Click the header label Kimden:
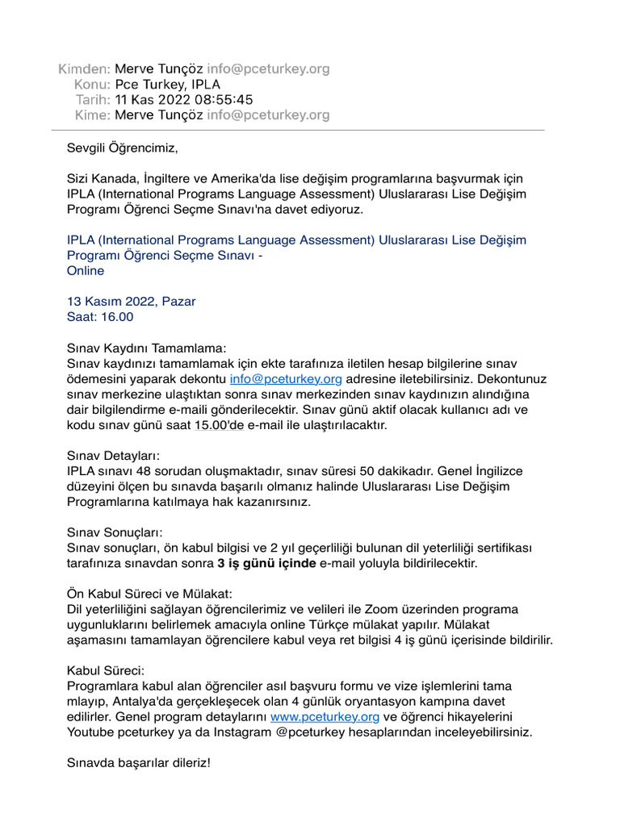coord(84,69)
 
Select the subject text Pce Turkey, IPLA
coord(167,85)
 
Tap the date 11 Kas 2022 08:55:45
coord(184,100)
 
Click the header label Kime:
coord(91,115)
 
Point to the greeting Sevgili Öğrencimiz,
coord(121,148)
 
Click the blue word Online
coord(86,271)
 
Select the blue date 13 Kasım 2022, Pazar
coord(131,302)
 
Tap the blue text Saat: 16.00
coord(100,317)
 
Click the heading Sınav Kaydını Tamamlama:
coord(147,348)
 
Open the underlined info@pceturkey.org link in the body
coord(286,378)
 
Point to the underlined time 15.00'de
coord(219,424)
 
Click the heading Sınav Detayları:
coord(114,456)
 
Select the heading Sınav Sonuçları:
coord(115,532)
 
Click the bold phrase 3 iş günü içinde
coord(266,563)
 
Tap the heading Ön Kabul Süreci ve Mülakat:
coord(149,594)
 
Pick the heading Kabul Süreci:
coord(105,670)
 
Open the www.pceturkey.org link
coord(325,716)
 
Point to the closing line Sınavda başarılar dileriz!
coord(138,762)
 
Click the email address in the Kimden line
coord(269,69)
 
